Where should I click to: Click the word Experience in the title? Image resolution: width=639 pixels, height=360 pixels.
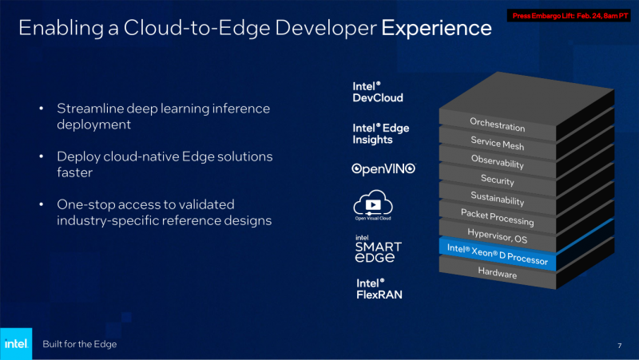coord(436,29)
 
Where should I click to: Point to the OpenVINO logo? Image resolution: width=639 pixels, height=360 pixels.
coord(383,169)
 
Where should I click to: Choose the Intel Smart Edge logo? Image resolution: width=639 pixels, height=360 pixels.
coord(378,248)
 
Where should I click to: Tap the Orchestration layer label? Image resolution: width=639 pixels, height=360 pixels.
coord(497,125)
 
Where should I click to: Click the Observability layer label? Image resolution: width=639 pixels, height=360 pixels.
coord(497,162)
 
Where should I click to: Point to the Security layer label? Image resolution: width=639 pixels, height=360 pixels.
coord(497,180)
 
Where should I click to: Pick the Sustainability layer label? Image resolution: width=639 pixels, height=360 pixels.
coord(497,199)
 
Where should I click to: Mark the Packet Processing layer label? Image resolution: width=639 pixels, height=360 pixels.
coord(497,216)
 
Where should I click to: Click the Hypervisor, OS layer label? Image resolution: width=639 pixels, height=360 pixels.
coord(497,235)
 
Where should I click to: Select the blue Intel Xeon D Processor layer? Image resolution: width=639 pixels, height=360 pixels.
coord(497,255)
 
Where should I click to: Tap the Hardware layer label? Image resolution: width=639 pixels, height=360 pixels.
coord(497,273)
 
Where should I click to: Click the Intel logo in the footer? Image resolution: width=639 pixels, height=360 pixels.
coord(15,343)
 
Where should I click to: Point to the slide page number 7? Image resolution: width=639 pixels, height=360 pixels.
coord(619,345)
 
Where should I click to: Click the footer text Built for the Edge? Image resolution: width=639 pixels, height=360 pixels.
coord(80,344)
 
